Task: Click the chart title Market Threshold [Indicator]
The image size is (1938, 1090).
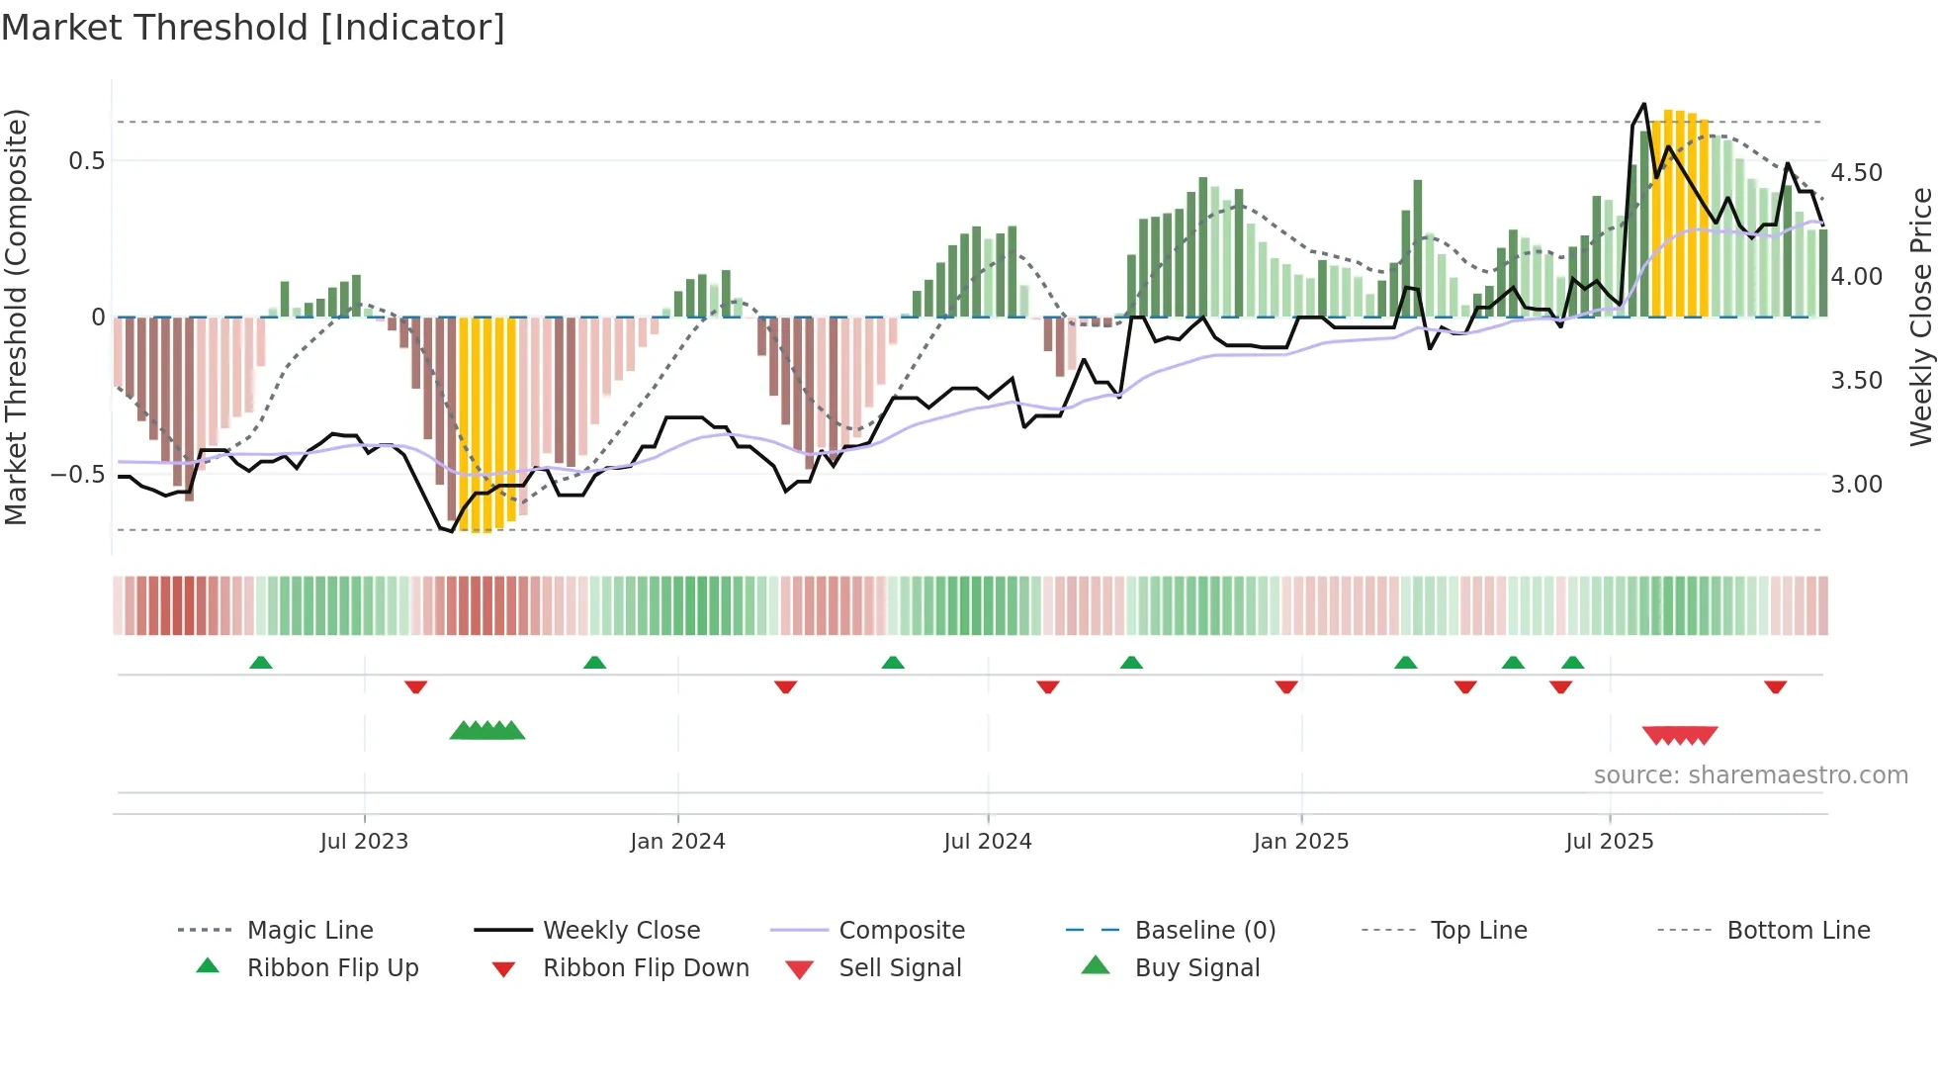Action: pyautogui.click(x=253, y=28)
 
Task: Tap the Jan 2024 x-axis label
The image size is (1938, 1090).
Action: pyautogui.click(x=677, y=842)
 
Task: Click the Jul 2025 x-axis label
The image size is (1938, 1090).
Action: pyautogui.click(x=1609, y=842)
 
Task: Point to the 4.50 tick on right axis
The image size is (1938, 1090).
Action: pyautogui.click(x=1856, y=173)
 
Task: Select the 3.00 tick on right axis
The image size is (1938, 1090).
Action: pyautogui.click(x=1856, y=485)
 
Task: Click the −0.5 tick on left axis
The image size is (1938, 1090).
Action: pyautogui.click(x=77, y=475)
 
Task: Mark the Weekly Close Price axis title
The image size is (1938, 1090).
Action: pyautogui.click(x=1920, y=317)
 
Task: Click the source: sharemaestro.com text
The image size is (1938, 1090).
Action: pyautogui.click(x=1750, y=775)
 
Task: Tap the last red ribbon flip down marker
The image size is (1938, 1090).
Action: pyautogui.click(x=1775, y=686)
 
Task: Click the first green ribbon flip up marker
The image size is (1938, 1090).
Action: pyautogui.click(x=260, y=663)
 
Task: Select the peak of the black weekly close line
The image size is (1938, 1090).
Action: pyautogui.click(x=1643, y=104)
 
